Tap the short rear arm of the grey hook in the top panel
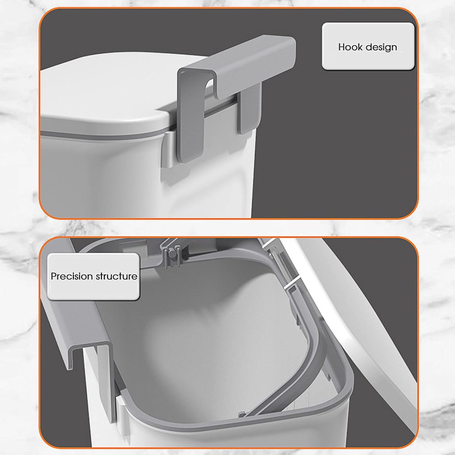point(250,111)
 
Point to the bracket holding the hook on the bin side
point(169,151)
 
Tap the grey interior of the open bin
point(201,331)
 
